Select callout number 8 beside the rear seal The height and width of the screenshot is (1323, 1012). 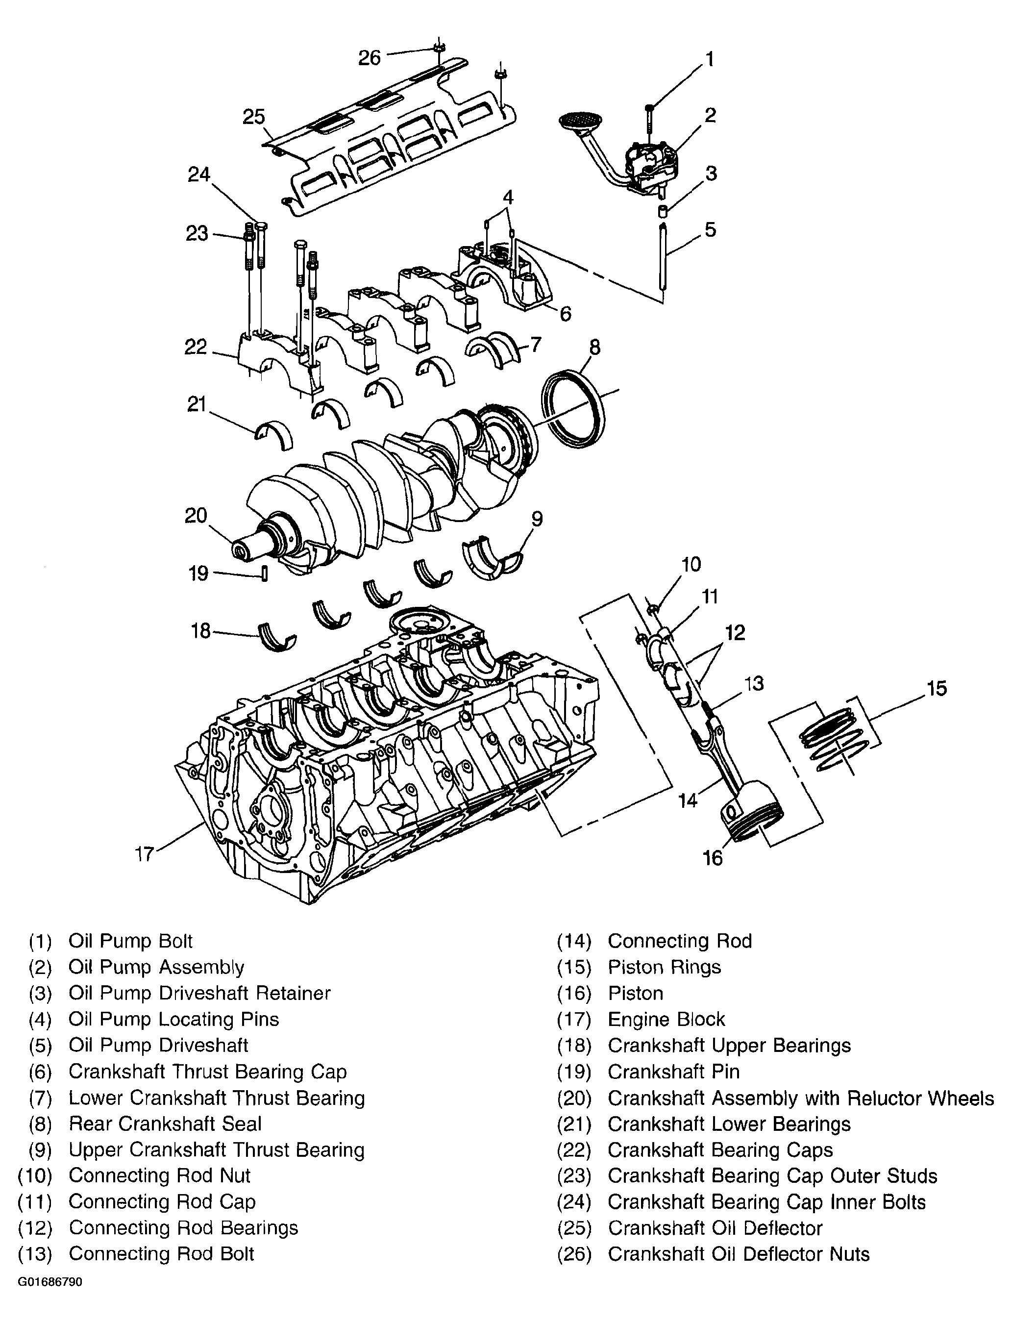[x=594, y=347]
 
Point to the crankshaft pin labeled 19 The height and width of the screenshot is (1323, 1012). [x=264, y=573]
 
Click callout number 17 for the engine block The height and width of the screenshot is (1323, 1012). [x=145, y=854]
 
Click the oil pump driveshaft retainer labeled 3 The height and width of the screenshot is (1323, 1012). [x=662, y=211]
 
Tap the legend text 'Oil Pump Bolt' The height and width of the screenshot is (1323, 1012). [x=130, y=941]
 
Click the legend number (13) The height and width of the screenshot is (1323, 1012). [x=35, y=1254]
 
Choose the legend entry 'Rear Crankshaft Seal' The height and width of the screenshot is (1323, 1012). [x=165, y=1123]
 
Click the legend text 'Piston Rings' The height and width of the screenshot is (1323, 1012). [x=665, y=967]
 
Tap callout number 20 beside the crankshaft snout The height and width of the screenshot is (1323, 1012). [x=196, y=516]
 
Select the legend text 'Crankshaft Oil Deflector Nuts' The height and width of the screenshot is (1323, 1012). [x=739, y=1254]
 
